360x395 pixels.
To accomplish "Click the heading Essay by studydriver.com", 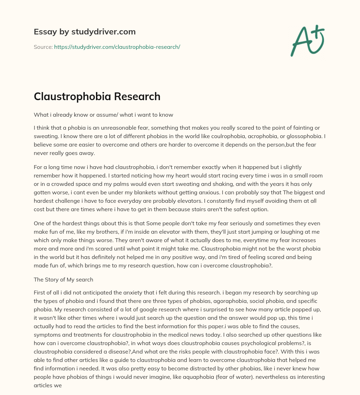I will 84,32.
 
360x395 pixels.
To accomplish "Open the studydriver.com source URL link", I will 117,47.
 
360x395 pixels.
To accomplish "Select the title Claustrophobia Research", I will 97,96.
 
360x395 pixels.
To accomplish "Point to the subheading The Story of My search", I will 63,279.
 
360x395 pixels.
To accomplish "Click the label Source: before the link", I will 43,47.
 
